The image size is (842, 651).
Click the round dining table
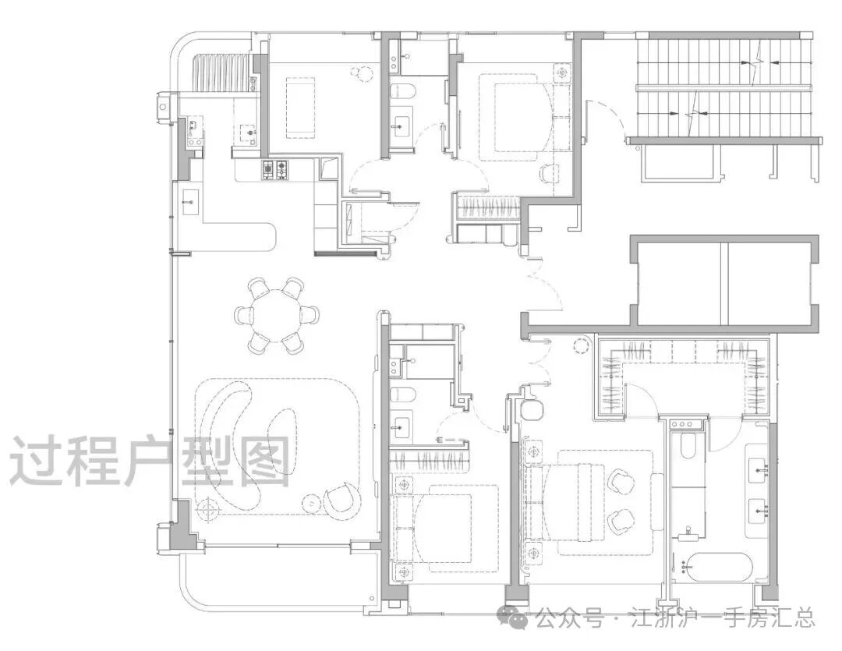click(x=277, y=315)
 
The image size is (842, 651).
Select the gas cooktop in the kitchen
click(x=275, y=170)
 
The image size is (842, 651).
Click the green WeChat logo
click(x=513, y=617)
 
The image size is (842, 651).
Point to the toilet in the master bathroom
click(x=686, y=447)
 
